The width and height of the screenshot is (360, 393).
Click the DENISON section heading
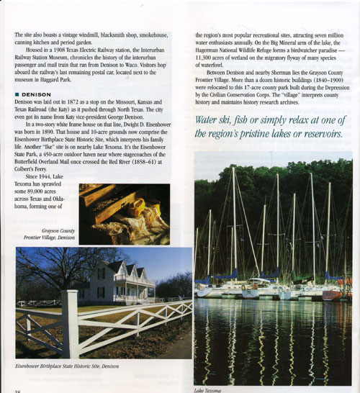pos(37,94)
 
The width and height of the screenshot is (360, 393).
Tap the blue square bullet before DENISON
pos(17,94)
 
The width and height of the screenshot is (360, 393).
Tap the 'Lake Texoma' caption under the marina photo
pos(210,389)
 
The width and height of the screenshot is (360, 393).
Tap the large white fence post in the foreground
pos(70,323)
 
